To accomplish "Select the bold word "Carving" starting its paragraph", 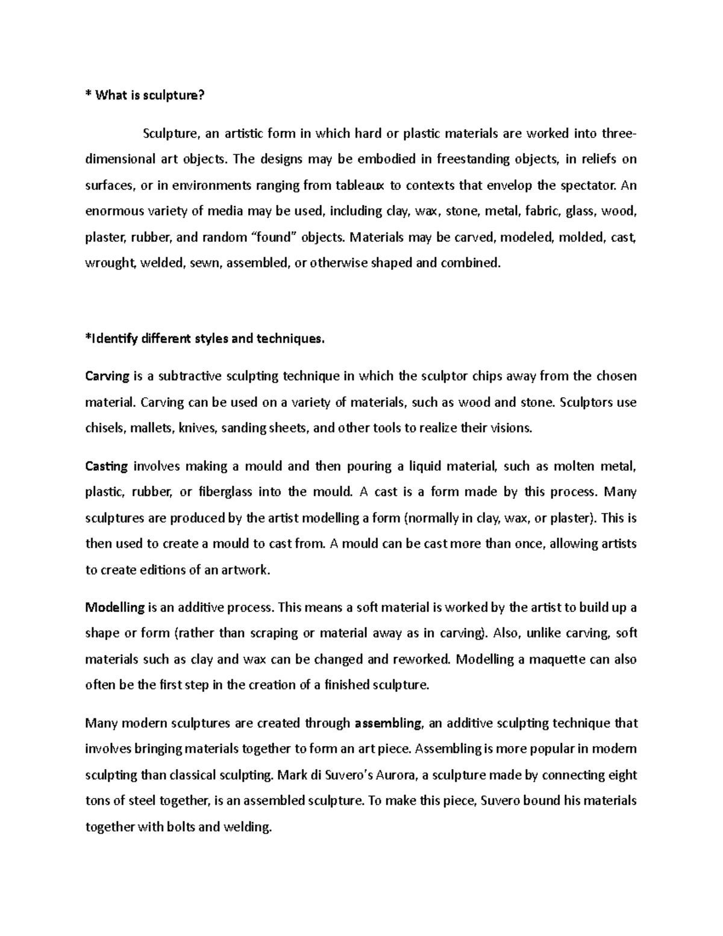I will [107, 377].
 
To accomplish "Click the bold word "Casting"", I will [107, 466].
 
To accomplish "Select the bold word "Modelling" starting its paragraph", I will [115, 608].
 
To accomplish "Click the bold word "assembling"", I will [389, 723].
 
